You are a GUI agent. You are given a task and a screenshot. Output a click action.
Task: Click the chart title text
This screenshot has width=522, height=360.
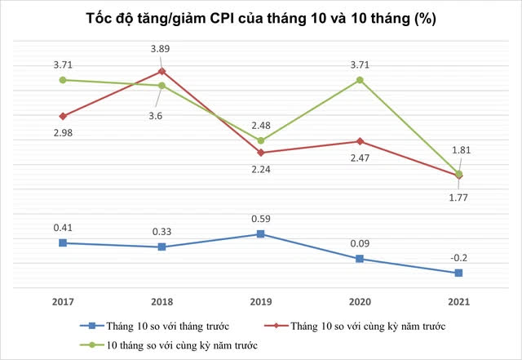pyautogui.click(x=261, y=19)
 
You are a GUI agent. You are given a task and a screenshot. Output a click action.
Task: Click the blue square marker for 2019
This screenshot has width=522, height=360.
pyautogui.click(x=261, y=234)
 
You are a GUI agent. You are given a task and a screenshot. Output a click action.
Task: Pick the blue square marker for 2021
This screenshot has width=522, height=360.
pyautogui.click(x=458, y=273)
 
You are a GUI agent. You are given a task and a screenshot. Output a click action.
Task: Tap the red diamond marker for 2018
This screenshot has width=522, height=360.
pyautogui.click(x=162, y=71)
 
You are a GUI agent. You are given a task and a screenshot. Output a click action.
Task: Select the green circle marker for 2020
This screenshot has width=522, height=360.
pyautogui.click(x=360, y=80)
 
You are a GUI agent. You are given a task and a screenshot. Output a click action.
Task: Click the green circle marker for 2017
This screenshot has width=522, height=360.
pyautogui.click(x=64, y=80)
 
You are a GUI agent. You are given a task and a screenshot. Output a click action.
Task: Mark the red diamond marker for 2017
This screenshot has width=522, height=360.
pyautogui.click(x=64, y=116)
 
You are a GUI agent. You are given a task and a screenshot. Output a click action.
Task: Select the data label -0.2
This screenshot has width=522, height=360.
pyautogui.click(x=458, y=257)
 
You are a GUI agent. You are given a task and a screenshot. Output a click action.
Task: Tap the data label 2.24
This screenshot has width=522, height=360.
pyautogui.click(x=261, y=170)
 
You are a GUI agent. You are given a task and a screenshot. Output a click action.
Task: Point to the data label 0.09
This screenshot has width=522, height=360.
pyautogui.click(x=360, y=242)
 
